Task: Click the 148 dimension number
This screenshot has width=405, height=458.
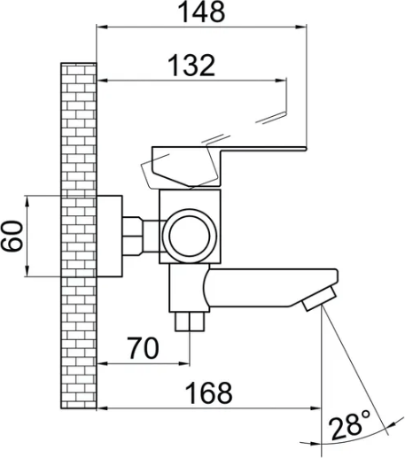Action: (x=201, y=12)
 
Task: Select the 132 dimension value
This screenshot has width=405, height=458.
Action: (x=191, y=65)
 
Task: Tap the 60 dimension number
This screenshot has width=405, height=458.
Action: (x=12, y=236)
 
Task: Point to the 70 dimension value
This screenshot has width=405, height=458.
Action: (x=143, y=347)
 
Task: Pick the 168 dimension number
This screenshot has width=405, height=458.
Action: (x=208, y=392)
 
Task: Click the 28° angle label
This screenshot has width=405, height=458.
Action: (x=349, y=424)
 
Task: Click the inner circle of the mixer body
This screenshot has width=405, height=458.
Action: (x=190, y=236)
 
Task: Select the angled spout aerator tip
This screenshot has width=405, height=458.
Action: (x=319, y=298)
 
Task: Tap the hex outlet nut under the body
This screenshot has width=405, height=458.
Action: (x=190, y=322)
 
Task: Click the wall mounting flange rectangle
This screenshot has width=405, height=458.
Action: (x=109, y=237)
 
